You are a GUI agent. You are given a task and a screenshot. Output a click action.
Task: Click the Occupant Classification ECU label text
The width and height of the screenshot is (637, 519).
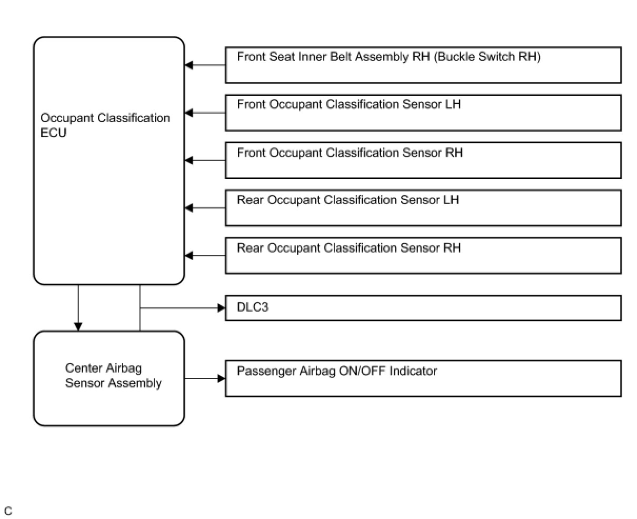105,125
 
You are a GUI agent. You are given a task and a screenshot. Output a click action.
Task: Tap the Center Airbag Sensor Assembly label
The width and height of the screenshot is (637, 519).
113,375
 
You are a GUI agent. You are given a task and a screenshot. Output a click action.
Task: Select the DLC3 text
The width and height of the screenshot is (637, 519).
252,307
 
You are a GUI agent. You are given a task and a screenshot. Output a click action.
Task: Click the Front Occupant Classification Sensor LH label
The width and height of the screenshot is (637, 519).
349,104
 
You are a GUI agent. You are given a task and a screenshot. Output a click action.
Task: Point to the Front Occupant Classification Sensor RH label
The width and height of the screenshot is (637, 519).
350,153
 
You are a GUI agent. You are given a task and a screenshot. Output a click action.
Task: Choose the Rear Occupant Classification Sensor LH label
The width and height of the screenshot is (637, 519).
348,200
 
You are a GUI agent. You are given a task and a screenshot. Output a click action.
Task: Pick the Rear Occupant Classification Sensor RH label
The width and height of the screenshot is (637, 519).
349,248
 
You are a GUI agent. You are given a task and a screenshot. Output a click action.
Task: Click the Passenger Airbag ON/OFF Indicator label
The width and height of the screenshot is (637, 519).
337,371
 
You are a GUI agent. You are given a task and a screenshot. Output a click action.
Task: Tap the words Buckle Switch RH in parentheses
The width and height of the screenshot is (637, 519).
487,56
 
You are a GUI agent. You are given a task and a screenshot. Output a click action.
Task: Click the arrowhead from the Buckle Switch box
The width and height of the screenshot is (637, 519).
188,65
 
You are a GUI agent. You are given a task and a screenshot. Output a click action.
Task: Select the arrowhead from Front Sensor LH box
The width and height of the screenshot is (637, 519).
188,113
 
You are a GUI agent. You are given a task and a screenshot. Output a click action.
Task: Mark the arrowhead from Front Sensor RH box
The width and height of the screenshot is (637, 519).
188,161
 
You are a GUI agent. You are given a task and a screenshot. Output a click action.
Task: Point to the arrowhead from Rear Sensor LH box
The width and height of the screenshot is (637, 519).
188,208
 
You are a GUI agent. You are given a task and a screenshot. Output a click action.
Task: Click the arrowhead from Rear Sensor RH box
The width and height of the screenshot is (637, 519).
188,256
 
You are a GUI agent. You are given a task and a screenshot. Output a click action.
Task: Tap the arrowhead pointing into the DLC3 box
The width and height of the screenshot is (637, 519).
222,308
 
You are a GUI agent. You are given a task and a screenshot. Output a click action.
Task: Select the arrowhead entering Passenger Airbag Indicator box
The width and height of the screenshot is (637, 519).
222,378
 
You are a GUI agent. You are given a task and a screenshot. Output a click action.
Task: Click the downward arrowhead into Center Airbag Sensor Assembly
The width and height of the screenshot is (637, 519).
78,327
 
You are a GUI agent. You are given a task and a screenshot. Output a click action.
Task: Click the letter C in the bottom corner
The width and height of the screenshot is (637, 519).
8,511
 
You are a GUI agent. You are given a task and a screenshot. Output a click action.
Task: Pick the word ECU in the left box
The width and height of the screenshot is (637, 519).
54,133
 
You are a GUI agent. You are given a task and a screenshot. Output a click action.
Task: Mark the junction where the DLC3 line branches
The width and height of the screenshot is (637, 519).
140,308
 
